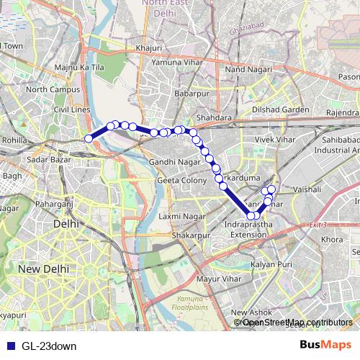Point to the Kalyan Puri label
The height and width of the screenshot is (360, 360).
click(271, 266)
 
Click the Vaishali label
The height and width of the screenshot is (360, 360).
click(307, 187)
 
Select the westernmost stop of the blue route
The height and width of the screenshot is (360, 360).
click(89, 138)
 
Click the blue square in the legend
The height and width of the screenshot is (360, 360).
click(8, 346)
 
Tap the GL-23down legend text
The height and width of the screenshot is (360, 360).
click(48, 346)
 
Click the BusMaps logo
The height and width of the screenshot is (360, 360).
click(325, 345)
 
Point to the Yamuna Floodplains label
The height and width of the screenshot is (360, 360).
click(190, 303)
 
